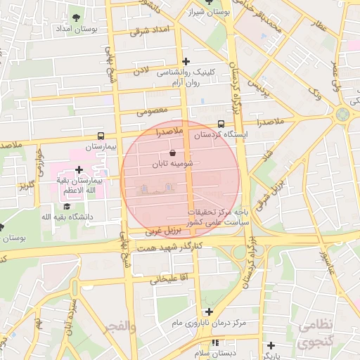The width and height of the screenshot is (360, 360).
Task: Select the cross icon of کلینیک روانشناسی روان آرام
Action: click(186, 61)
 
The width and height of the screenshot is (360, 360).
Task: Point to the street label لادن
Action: click(141, 71)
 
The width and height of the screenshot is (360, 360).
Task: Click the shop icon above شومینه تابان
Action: click(173, 153)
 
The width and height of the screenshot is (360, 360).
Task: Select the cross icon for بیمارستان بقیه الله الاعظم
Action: click(79, 169)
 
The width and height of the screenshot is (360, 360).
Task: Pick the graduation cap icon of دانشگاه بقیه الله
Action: click(67, 206)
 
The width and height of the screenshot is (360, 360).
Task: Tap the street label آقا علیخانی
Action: click(165, 279)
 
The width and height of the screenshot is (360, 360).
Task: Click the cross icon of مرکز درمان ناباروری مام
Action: click(209, 311)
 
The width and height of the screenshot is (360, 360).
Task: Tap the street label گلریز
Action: click(27, 186)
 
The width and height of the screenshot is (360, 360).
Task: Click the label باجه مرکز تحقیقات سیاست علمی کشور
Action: click(215, 217)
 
